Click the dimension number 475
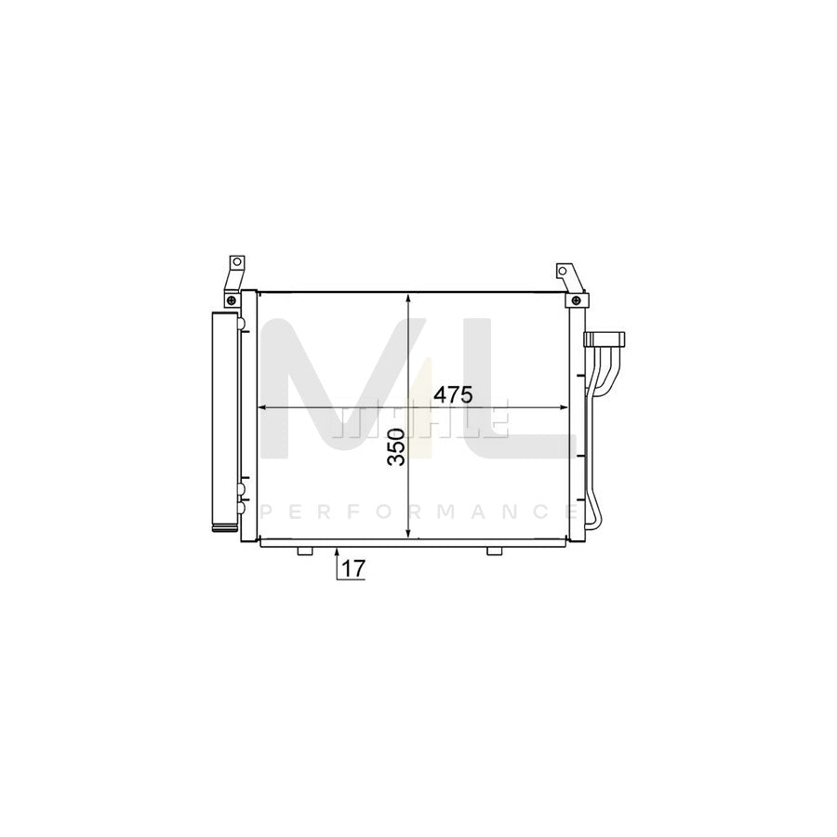[454, 394]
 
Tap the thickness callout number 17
[352, 567]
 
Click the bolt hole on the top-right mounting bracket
[561, 272]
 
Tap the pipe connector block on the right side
[605, 339]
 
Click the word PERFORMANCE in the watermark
[418, 511]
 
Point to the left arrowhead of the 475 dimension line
[262, 407]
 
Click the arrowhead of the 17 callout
[335, 550]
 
